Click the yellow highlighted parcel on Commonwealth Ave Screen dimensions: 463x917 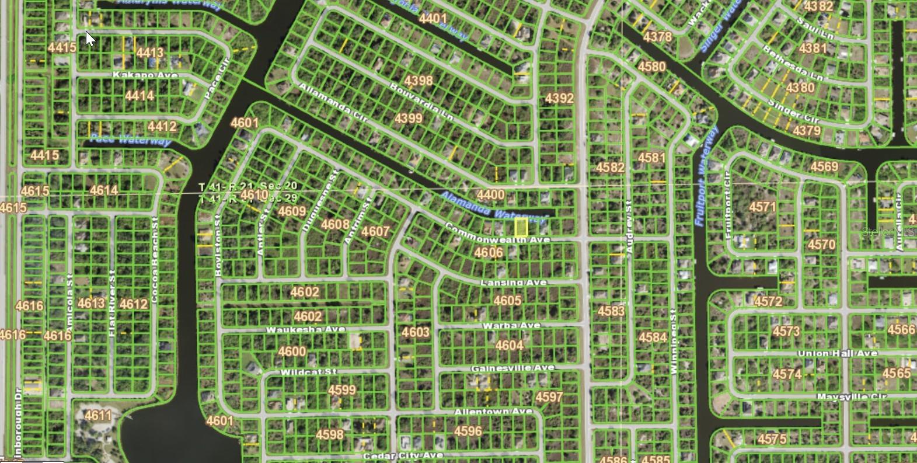(x=521, y=227)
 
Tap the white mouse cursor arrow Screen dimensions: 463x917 (x=90, y=39)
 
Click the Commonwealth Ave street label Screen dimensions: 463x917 (x=497, y=233)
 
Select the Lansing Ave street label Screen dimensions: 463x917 (x=514, y=283)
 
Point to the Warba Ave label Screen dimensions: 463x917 (x=511, y=326)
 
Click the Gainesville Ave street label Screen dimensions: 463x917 (x=512, y=368)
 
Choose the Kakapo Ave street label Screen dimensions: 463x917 (x=145, y=75)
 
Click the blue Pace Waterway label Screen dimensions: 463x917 (x=131, y=140)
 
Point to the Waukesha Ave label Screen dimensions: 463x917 (x=305, y=330)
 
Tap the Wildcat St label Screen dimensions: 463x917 (x=308, y=373)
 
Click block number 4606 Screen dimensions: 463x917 (x=488, y=252)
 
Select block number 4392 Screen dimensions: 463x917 (x=559, y=98)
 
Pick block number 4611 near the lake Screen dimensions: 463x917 (x=97, y=416)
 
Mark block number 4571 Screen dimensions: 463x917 (x=762, y=207)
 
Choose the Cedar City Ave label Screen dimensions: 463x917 (x=403, y=455)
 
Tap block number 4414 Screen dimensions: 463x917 (x=140, y=95)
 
